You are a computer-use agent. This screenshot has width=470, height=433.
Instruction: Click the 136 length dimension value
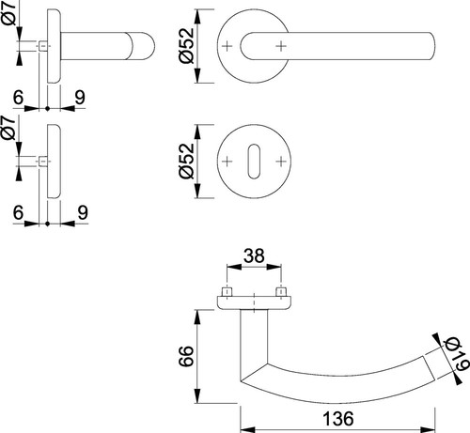(338, 419)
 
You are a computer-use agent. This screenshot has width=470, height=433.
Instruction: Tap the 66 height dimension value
(186, 356)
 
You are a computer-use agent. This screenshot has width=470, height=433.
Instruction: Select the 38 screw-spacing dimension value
(254, 255)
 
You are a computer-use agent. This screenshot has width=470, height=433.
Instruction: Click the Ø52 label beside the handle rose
(187, 46)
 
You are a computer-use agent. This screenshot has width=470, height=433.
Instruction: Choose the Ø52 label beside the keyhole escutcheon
(187, 161)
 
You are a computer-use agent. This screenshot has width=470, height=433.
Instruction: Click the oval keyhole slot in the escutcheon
(254, 162)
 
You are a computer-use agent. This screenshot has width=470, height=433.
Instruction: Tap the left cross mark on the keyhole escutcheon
(227, 162)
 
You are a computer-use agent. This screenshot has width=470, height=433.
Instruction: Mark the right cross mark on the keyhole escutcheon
(281, 162)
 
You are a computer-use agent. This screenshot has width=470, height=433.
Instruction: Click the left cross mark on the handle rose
(227, 46)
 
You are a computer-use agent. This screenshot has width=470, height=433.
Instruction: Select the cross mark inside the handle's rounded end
(281, 46)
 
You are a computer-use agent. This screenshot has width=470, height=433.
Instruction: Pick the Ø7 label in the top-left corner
(8, 12)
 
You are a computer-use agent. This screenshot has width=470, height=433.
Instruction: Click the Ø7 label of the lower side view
(8, 128)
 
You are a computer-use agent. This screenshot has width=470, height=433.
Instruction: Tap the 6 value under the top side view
(18, 98)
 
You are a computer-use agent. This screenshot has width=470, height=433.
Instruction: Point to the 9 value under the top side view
(80, 98)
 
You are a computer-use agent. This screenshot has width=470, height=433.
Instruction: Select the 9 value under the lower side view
(83, 213)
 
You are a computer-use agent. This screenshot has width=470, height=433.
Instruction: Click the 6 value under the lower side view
(18, 213)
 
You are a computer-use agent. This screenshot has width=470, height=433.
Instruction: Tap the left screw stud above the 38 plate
(227, 291)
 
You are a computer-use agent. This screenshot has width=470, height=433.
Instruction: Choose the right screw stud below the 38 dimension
(281, 291)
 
